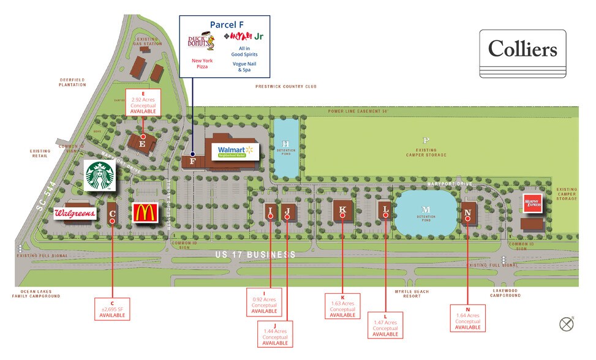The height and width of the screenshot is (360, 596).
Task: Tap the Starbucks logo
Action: [99, 176]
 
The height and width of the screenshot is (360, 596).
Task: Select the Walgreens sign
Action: [75, 214]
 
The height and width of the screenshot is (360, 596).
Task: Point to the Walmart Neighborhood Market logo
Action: [235, 151]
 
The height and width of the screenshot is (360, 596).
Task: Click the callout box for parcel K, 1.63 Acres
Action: [342, 306]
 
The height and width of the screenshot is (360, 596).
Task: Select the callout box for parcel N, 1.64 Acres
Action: [467, 318]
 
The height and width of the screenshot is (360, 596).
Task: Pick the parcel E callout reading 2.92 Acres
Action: [143, 102]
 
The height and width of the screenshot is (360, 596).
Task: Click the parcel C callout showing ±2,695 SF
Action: [113, 308]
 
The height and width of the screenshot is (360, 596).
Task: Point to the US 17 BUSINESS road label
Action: [255, 255]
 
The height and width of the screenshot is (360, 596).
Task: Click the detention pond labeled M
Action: [426, 211]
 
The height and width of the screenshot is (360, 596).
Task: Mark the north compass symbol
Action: [566, 324]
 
